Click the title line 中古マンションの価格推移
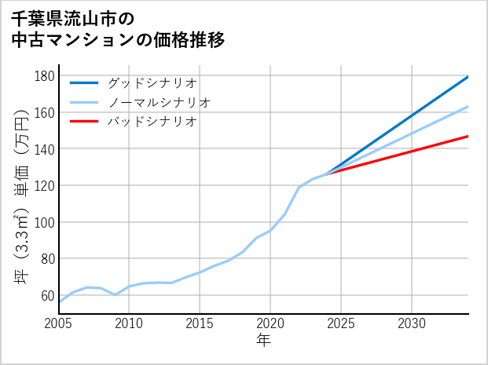[x=117, y=40]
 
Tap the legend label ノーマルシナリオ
[x=159, y=102]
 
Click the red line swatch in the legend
[x=84, y=122]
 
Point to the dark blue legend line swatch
[x=84, y=82]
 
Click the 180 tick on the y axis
[x=44, y=76]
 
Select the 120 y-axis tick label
[x=44, y=186]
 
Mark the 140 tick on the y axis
[x=44, y=149]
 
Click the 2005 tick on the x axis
[x=59, y=323]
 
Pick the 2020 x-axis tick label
[x=270, y=323]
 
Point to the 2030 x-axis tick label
[x=412, y=323]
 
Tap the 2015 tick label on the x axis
[x=200, y=323]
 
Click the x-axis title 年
[x=263, y=341]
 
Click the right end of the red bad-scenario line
[x=468, y=136]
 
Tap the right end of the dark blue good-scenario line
[x=468, y=76]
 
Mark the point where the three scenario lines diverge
[x=328, y=173]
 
